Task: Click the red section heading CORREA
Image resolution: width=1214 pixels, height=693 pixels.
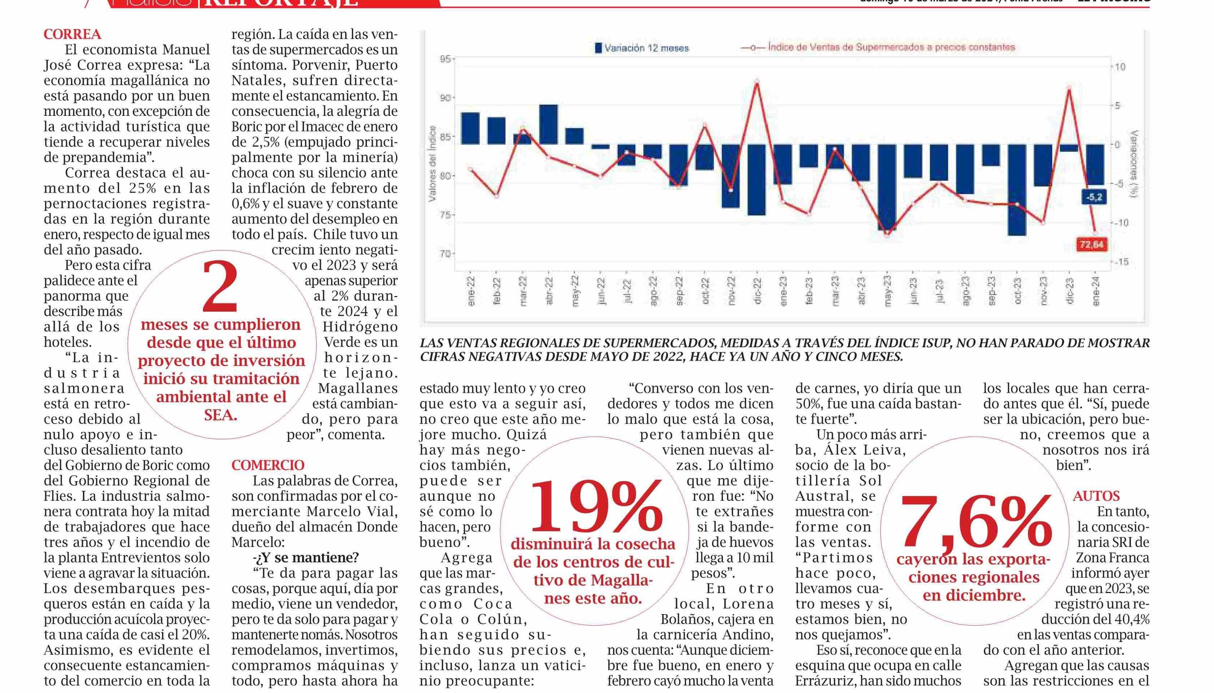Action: [72, 34]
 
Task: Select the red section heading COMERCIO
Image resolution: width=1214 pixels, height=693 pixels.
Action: [268, 465]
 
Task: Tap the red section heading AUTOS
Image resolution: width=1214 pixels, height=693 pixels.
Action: [1096, 496]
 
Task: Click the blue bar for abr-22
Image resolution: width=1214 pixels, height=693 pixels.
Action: [548, 124]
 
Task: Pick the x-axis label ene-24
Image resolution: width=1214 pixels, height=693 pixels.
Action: [1096, 291]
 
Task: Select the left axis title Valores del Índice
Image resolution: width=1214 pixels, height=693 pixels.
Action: [432, 163]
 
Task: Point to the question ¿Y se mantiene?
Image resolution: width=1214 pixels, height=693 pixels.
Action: [306, 557]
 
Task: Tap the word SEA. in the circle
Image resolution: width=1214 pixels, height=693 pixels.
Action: [221, 415]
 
